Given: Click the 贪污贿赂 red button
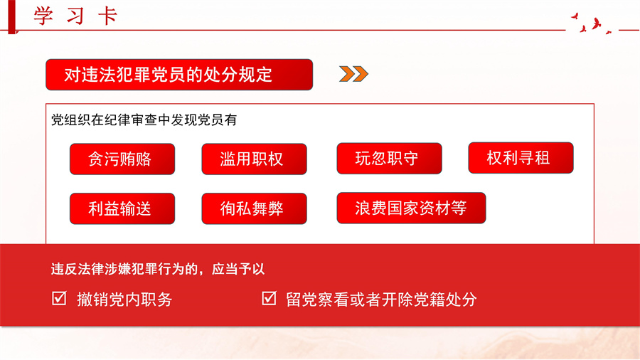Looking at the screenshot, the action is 122,159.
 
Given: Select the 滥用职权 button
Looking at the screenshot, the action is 254,159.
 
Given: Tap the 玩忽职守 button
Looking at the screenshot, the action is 389,159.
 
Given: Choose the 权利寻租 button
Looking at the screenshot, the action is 521,158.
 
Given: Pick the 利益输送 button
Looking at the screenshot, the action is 122,208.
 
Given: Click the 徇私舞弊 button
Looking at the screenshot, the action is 254,208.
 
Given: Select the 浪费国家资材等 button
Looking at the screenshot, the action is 411,208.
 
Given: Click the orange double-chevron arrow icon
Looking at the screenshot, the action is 353,74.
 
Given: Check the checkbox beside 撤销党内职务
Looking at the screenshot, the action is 59,298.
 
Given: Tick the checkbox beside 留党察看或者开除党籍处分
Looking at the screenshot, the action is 269,298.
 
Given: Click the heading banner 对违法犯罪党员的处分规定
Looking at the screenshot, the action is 179,75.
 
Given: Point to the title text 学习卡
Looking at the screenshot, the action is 75,16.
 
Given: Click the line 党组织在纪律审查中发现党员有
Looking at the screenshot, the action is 144,120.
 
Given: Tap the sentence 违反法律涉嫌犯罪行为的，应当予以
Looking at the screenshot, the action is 158,269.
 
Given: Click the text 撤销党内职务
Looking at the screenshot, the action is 124,300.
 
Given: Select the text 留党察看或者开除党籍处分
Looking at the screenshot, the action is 381,300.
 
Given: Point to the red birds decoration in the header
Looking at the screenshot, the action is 592,23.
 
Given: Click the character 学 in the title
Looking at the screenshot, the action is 43,16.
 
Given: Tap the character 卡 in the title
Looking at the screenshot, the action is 108,16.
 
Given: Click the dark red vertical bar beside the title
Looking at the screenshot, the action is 12,17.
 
